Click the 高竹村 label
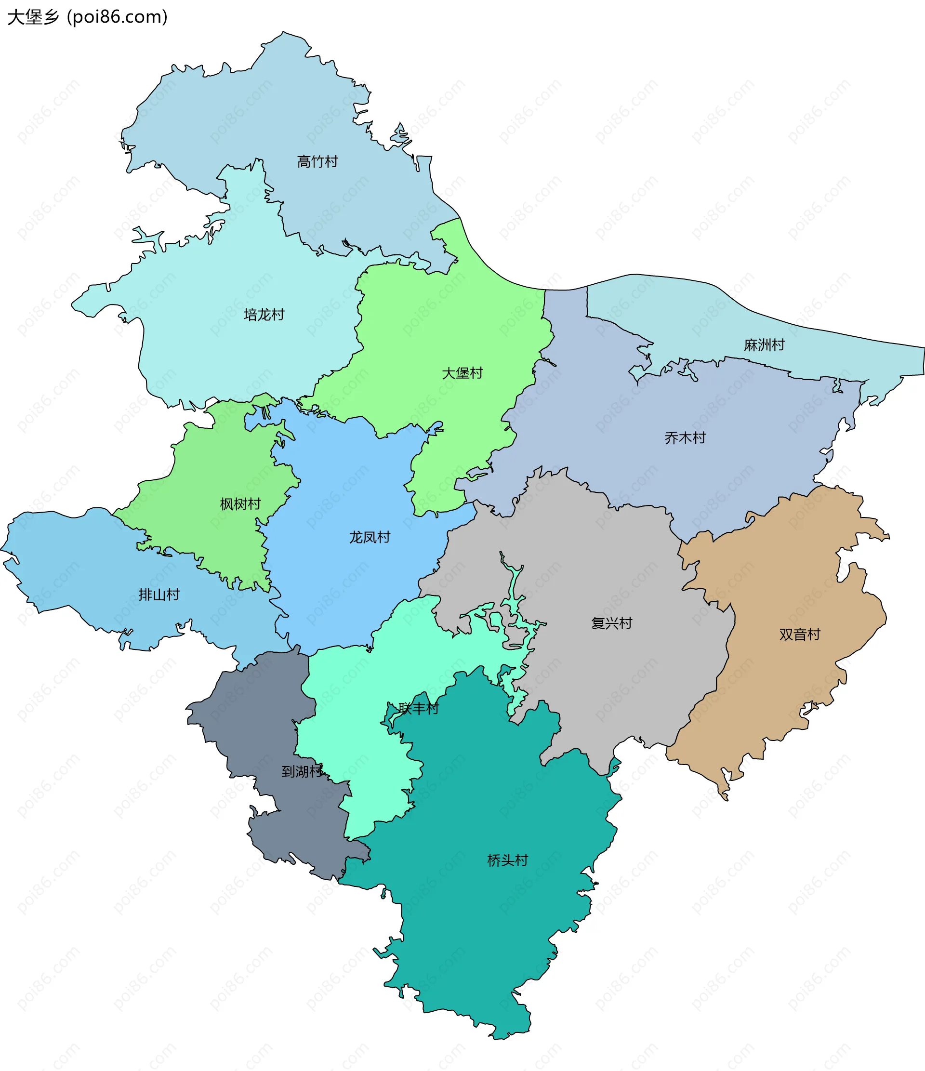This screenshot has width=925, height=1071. [x=317, y=162]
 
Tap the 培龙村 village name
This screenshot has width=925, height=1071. [x=264, y=314]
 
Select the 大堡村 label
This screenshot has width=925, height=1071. [x=462, y=373]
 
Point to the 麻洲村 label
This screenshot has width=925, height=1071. [x=764, y=345]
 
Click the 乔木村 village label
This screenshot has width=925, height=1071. [x=685, y=438]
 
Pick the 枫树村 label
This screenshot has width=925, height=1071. [x=240, y=503]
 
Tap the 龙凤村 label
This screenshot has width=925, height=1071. [x=370, y=537]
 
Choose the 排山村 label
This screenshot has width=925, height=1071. [x=159, y=595]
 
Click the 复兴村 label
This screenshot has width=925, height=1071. [x=611, y=623]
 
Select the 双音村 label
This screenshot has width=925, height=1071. [x=799, y=634]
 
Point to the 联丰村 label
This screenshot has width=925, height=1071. [x=419, y=708]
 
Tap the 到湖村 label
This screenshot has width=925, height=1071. [x=302, y=771]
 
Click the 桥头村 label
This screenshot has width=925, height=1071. [x=507, y=860]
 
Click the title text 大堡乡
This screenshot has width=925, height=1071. [x=33, y=17]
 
